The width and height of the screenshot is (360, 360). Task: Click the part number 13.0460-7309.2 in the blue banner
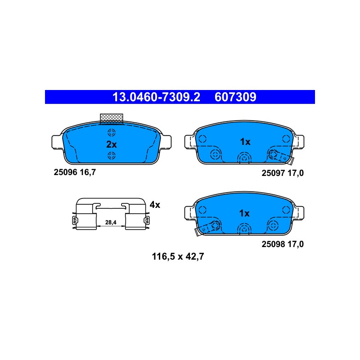[x=156, y=97]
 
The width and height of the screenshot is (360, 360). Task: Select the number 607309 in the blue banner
[x=235, y=97]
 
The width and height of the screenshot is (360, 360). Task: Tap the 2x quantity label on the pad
[x=112, y=144]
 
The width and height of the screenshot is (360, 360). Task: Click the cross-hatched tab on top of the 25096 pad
[x=112, y=119]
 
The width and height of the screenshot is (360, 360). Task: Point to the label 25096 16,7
[x=75, y=172]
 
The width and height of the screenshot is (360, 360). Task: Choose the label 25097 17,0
[x=283, y=173]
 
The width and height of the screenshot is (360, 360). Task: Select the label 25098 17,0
[x=283, y=244]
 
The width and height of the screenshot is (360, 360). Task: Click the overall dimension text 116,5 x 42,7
[x=178, y=256]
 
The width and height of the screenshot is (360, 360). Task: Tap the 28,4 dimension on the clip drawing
[x=111, y=222]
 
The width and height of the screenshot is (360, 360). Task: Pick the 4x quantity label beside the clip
[x=155, y=205]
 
